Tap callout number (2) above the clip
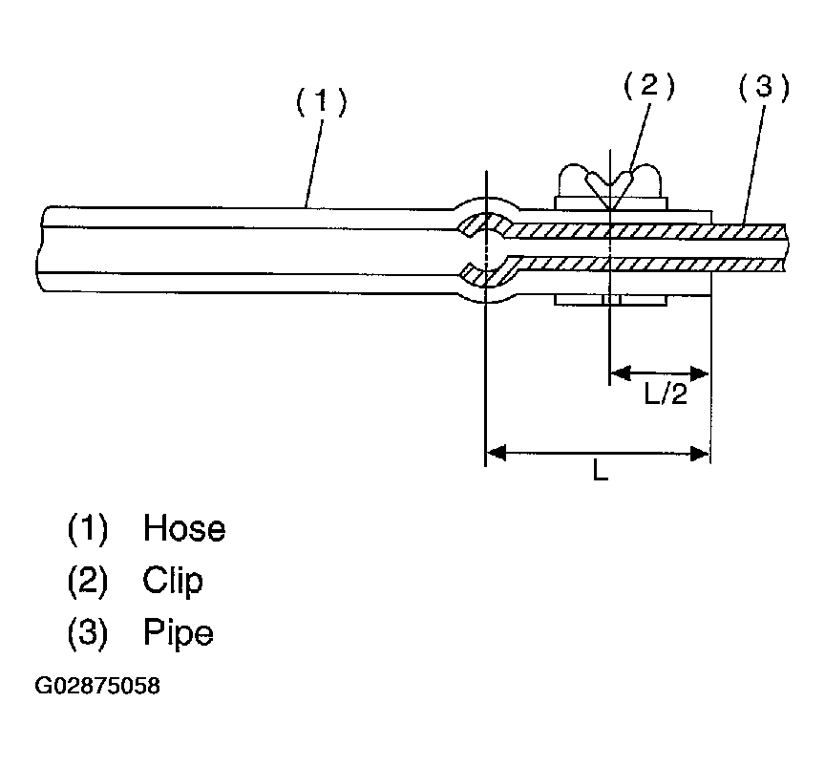click(648, 87)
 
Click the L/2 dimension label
click(666, 394)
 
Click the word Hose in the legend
click(184, 528)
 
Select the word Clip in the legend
click(173, 580)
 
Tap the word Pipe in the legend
click(179, 631)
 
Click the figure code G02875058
click(97, 688)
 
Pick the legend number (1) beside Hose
click(88, 528)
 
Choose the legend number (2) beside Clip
click(88, 580)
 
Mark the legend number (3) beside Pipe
click(88, 631)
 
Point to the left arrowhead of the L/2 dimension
click(618, 372)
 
